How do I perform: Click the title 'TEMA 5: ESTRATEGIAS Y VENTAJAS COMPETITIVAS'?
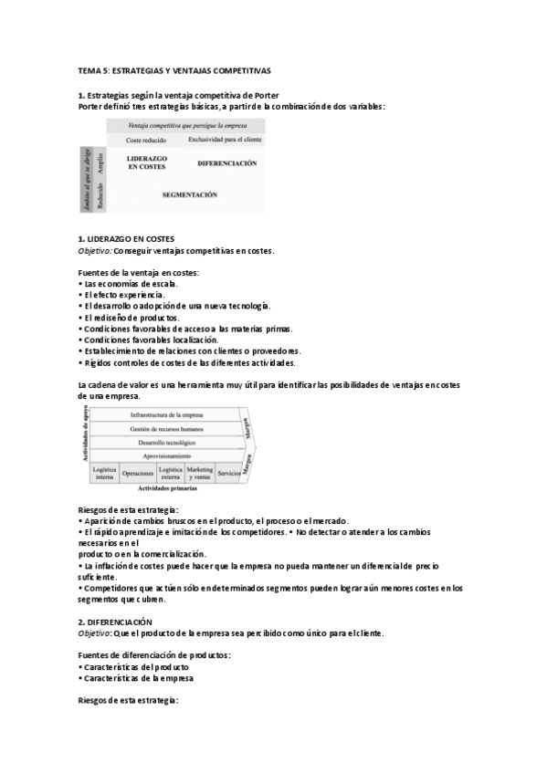(x=174, y=69)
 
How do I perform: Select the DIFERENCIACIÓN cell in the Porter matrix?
(x=226, y=162)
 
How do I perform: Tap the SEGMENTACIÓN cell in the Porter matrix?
(x=189, y=194)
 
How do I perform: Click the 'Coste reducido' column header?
(x=145, y=141)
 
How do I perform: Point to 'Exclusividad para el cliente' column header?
(x=225, y=140)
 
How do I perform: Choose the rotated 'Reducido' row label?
(x=100, y=194)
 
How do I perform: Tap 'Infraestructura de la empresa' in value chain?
(x=167, y=415)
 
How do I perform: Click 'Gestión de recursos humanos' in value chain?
(x=166, y=428)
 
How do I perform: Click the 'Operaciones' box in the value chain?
(x=138, y=473)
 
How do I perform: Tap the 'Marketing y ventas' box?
(x=199, y=472)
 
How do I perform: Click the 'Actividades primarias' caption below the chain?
(x=166, y=489)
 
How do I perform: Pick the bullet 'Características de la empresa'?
(x=139, y=678)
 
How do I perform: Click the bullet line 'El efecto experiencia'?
(x=124, y=295)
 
